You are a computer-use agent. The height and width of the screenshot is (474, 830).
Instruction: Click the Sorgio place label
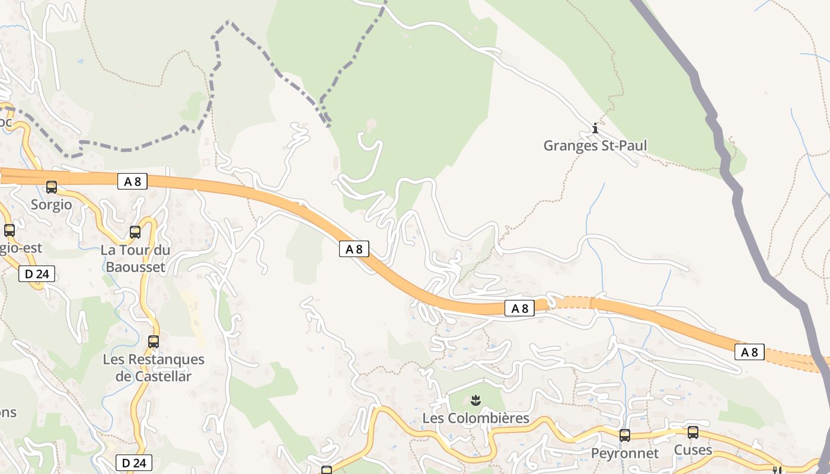click(x=52, y=205)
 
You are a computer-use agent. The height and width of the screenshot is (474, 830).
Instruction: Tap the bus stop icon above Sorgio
click(x=52, y=187)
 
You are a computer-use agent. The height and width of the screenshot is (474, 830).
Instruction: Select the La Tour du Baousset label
click(x=135, y=258)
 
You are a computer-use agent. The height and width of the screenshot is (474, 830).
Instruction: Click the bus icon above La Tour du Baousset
click(x=135, y=232)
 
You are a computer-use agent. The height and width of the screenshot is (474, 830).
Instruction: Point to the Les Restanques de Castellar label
click(x=154, y=367)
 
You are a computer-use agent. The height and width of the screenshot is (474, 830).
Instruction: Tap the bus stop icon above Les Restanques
click(x=154, y=342)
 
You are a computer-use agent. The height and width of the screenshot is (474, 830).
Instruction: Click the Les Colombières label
click(x=475, y=418)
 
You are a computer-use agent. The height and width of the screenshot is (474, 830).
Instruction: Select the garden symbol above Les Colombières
click(x=475, y=400)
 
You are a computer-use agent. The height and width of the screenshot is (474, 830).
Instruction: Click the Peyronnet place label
click(x=625, y=453)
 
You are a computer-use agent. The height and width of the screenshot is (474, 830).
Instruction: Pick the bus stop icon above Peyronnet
click(x=625, y=435)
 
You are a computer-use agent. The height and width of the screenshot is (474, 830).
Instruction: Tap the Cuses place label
click(x=693, y=450)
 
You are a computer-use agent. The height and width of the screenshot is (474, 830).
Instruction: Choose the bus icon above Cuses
click(x=693, y=433)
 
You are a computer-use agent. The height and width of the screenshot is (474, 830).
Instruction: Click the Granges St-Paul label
click(x=595, y=146)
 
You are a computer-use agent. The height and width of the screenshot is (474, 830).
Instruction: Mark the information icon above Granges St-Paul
click(x=595, y=128)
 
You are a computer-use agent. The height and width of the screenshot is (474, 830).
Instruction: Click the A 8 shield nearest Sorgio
click(x=132, y=181)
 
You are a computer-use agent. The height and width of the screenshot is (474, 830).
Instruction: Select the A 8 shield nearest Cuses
click(x=749, y=352)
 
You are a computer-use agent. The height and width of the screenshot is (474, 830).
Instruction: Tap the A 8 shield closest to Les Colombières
click(x=519, y=308)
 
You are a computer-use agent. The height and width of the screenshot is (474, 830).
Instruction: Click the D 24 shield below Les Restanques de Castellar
click(x=134, y=463)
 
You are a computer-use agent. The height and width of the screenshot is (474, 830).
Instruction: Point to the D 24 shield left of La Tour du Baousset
click(x=37, y=274)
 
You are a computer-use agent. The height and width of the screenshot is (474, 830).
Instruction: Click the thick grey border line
click(x=738, y=201)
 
